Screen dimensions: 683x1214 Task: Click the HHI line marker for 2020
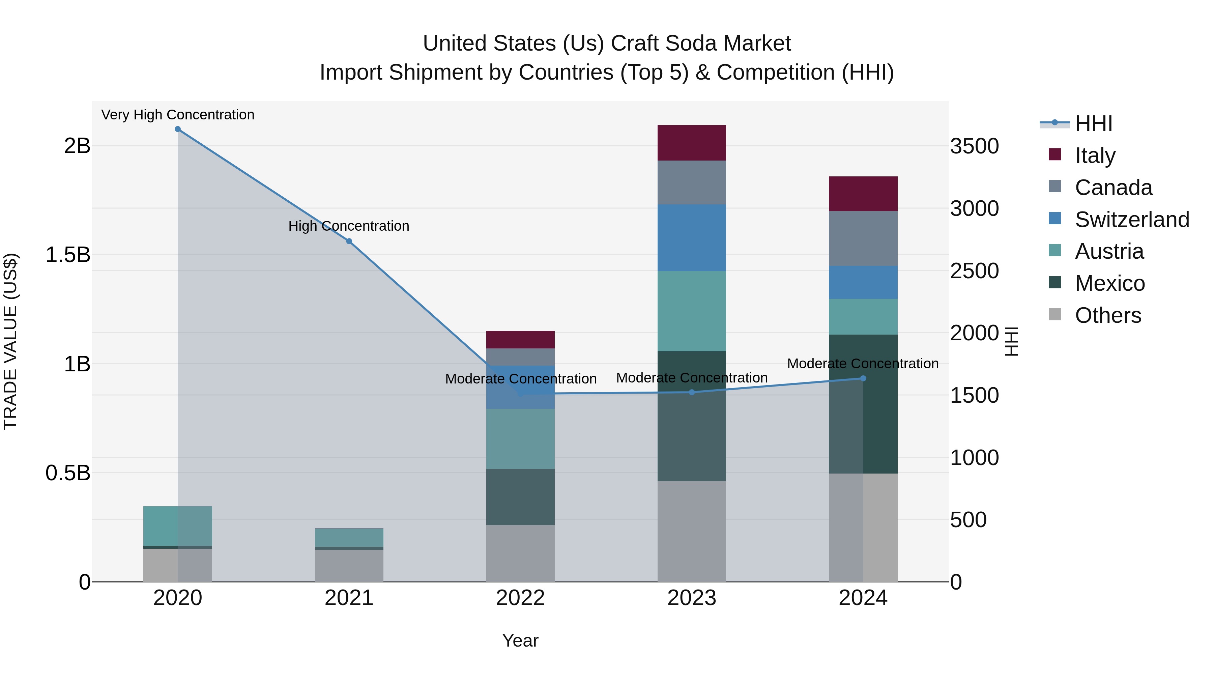coord(178,129)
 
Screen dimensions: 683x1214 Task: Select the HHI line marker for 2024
coord(863,378)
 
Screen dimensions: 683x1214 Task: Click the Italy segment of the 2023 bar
coord(691,143)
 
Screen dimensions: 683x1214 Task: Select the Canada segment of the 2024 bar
coord(863,238)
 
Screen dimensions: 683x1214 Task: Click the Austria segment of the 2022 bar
coord(520,438)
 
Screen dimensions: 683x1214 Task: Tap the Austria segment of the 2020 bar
coord(178,526)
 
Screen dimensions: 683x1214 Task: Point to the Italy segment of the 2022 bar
coord(520,339)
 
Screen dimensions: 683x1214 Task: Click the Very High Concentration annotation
coord(178,115)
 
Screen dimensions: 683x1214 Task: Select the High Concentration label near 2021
coord(349,226)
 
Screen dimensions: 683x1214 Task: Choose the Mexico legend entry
coord(1109,283)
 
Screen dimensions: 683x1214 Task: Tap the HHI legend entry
coord(1093,123)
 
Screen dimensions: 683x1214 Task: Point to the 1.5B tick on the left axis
coord(67,255)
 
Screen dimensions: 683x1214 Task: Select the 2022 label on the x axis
coord(520,598)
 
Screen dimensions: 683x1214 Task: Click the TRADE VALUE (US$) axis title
coord(10,341)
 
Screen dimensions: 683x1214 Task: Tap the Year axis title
coord(520,641)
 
